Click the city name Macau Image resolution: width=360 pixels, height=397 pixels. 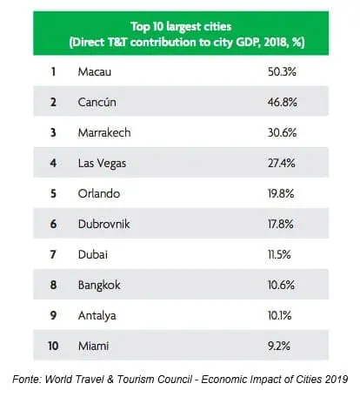[x=95, y=71]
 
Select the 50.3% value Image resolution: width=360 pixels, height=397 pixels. [x=282, y=71]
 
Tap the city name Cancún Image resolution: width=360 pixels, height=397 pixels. [x=97, y=102]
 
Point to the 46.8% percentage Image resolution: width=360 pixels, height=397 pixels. [x=283, y=102]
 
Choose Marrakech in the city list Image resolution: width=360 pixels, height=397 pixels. [x=104, y=132]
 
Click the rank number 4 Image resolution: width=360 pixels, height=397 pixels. [x=53, y=163]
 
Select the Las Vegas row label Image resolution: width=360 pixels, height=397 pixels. [x=102, y=164]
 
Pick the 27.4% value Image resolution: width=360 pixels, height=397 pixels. [x=281, y=163]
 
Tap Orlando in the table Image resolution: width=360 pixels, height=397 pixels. [x=99, y=193]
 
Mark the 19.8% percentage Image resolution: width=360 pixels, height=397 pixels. [x=281, y=193]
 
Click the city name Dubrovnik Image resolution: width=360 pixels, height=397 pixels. [x=104, y=224]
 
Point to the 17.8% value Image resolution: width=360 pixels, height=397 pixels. [x=281, y=224]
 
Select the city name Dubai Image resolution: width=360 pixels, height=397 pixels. [x=93, y=254]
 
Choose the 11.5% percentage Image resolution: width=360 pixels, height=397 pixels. [x=279, y=254]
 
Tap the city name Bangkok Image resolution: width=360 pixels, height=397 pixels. [x=99, y=286]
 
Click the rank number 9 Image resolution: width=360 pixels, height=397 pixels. [x=53, y=315]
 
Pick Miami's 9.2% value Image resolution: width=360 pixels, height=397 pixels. [x=279, y=346]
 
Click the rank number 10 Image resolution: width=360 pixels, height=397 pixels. [x=53, y=346]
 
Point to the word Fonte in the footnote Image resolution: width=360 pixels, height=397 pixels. [x=28, y=380]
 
